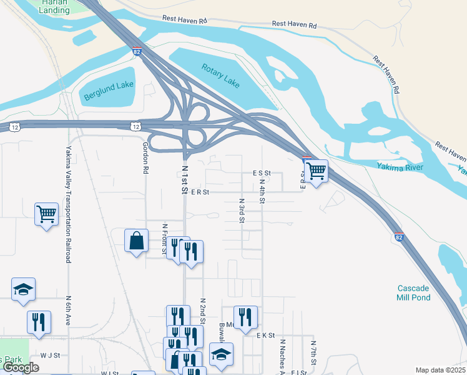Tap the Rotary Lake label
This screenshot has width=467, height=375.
[221, 74]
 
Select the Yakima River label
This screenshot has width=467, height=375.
[400, 167]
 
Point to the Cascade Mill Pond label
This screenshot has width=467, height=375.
[413, 292]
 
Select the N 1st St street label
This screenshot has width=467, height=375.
[185, 180]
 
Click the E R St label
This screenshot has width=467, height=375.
[199, 192]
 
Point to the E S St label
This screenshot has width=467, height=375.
[261, 173]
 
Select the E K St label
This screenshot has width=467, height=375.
[265, 336]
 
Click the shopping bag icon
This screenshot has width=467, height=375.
[137, 241]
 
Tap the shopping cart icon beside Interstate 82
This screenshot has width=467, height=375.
[317, 170]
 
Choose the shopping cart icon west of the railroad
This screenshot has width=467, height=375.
[46, 214]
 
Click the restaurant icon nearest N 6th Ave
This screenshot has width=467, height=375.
[39, 321]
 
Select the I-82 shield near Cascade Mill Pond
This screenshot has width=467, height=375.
[399, 237]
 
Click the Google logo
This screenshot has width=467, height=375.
[21, 368]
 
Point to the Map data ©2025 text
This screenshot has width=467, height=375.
[440, 370]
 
